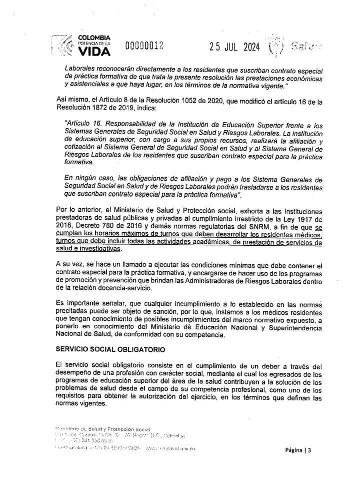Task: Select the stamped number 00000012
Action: (x=144, y=47)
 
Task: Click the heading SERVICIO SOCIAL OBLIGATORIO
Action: (x=106, y=347)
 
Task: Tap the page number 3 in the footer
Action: (x=309, y=450)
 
